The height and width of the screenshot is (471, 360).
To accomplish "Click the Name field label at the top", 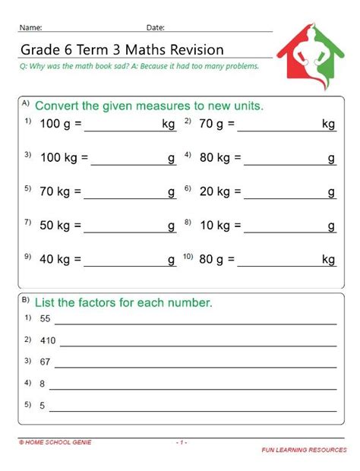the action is point(31,28).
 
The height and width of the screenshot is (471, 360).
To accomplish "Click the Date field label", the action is point(156,28).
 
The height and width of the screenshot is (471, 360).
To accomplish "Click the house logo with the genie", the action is point(309,53).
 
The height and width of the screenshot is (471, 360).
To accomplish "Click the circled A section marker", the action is point(26,102).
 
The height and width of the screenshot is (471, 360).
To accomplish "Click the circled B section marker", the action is point(26,298).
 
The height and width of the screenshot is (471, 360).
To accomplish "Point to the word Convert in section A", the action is point(58,106).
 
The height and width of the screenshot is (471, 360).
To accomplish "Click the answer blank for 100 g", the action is point(122,125).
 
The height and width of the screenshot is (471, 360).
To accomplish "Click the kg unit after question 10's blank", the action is point(328,259).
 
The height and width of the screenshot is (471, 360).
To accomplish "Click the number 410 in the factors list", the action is point(49,340).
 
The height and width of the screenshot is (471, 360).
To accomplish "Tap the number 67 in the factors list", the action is point(46,361).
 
